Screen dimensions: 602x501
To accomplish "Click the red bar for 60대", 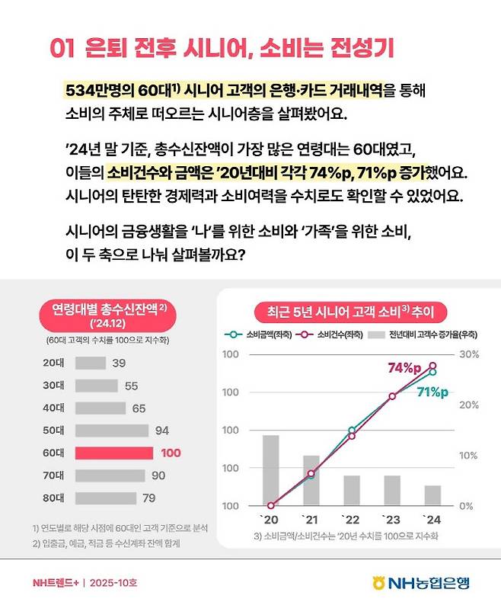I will (x=114, y=453).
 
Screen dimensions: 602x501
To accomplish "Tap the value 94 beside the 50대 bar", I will (x=161, y=431).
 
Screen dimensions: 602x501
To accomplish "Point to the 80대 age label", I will (x=53, y=498).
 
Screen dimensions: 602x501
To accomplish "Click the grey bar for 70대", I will (x=110, y=476).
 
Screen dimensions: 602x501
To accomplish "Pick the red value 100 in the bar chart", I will (x=171, y=453).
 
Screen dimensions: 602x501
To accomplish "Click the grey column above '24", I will (x=432, y=495).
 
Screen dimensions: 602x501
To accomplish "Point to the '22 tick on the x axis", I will (x=351, y=520).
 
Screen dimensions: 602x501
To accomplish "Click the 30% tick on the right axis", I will (x=469, y=354).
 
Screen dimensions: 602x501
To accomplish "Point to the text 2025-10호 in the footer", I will (x=113, y=583).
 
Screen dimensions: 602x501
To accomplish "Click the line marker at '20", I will (x=271, y=505).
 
